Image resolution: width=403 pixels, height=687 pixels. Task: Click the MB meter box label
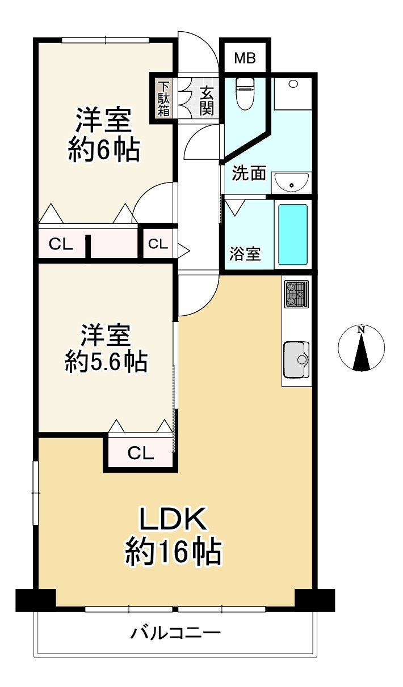tap(245, 58)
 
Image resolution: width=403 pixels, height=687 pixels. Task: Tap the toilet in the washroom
tap(245, 92)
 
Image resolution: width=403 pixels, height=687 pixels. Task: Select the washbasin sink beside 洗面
tap(291, 183)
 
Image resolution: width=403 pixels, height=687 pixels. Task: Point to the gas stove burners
tap(296, 295)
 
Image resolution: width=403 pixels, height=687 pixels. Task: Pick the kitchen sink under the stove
tap(296, 359)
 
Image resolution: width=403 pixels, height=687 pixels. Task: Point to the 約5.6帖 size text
tap(106, 361)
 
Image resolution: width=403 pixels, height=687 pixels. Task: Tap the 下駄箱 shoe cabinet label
tap(163, 99)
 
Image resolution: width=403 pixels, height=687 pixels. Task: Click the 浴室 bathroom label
tap(245, 254)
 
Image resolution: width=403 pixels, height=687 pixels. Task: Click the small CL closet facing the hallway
tap(158, 244)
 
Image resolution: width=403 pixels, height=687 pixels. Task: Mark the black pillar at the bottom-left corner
tap(35, 600)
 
